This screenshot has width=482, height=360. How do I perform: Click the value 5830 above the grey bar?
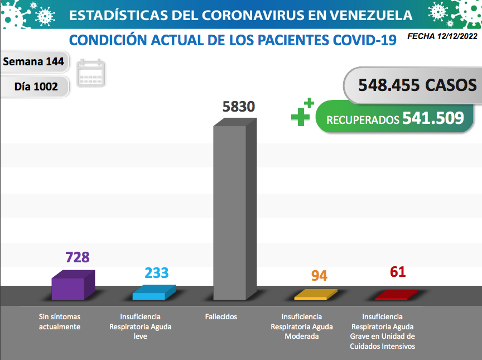[x=238, y=107]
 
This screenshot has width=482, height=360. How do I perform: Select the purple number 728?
[x=78, y=257]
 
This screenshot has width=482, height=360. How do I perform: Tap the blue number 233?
[x=157, y=272]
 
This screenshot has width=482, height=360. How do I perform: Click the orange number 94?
[x=319, y=276]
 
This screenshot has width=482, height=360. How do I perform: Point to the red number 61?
[x=398, y=272]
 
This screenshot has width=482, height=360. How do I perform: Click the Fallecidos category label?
[x=221, y=317]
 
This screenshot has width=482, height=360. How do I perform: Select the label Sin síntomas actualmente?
[x=60, y=321]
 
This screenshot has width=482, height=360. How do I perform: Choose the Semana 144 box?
[x=33, y=61]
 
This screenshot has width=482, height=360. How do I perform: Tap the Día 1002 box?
[x=36, y=87]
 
